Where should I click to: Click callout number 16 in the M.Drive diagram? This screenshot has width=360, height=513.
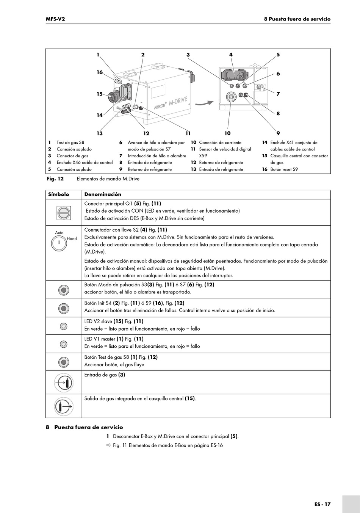point(100,72)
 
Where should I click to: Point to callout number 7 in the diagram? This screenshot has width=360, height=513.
point(278,94)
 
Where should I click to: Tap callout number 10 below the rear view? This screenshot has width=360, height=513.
point(227,133)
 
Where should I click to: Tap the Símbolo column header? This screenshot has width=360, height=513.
point(58,195)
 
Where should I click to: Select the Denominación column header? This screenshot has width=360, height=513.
point(103,195)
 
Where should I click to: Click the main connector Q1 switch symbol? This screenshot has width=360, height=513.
point(64,213)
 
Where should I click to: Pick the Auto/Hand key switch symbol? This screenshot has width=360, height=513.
point(59,243)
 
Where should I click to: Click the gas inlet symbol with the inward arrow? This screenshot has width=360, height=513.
point(64,383)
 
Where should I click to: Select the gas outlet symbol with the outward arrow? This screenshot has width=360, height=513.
point(64,406)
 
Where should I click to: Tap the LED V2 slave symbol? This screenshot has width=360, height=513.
point(64,326)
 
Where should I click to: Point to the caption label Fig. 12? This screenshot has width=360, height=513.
point(55,179)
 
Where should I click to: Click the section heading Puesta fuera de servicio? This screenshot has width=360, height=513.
point(88,427)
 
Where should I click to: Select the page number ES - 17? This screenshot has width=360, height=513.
point(322,504)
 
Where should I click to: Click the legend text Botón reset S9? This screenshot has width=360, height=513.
point(284,169)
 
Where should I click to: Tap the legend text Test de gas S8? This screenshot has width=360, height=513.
point(70,143)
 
